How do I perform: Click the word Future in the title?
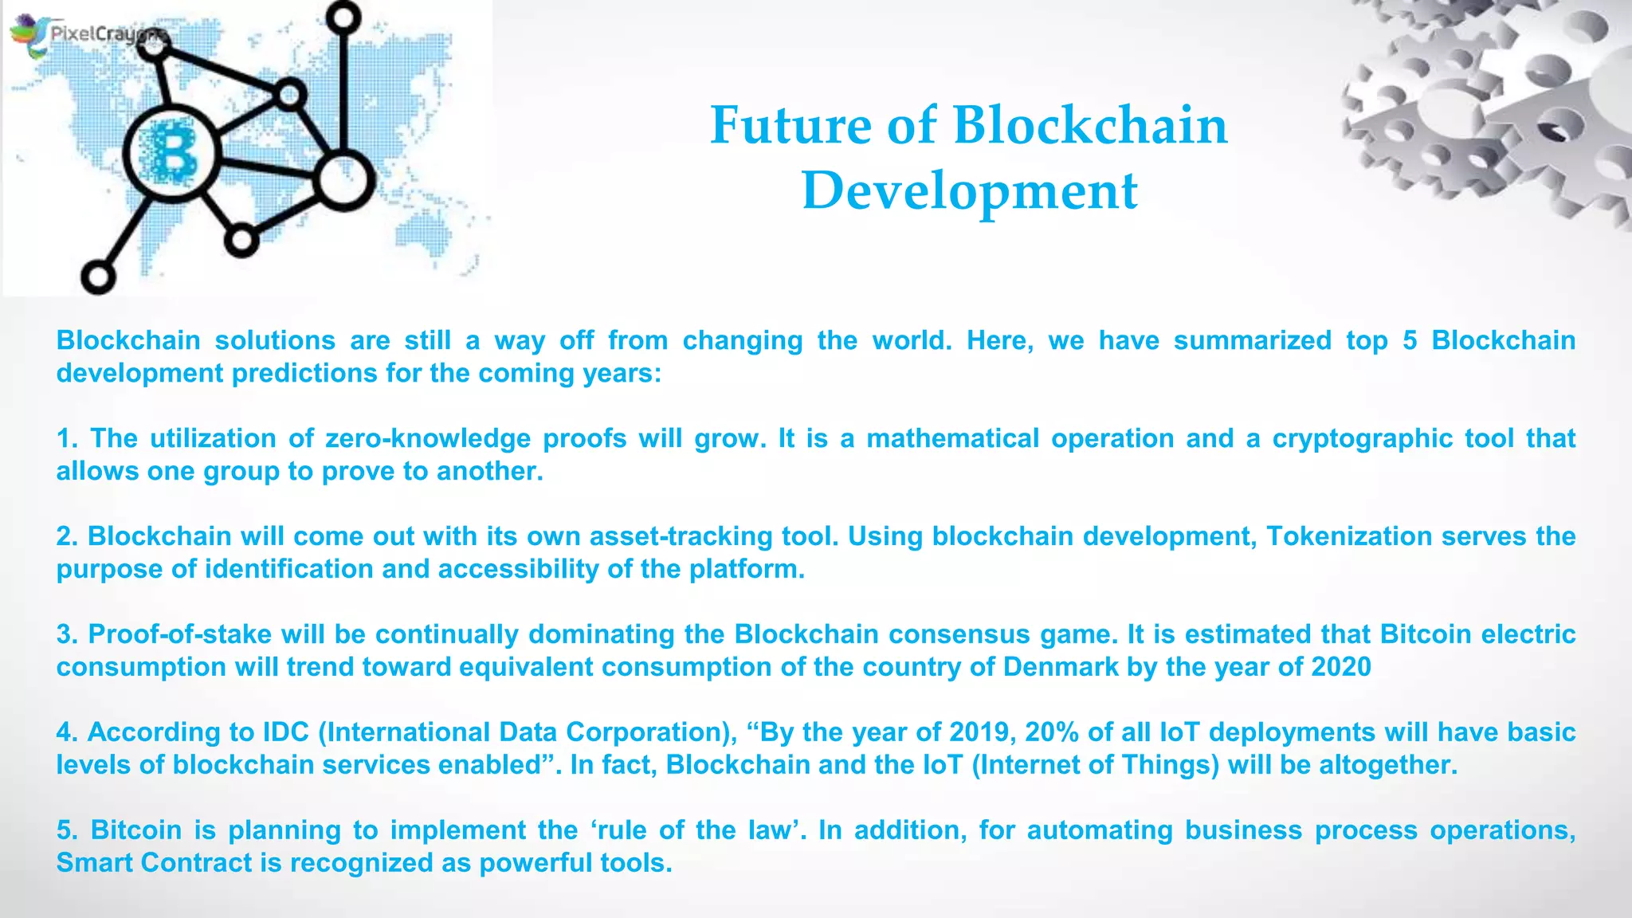click(x=790, y=125)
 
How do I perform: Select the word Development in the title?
click(x=969, y=191)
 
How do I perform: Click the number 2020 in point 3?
click(x=1341, y=667)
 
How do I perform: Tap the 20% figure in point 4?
click(x=1052, y=732)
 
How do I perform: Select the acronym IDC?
click(x=286, y=732)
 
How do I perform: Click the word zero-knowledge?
click(x=428, y=438)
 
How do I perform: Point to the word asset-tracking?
click(x=681, y=536)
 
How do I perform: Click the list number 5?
click(x=66, y=830)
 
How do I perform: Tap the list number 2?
click(x=66, y=536)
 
